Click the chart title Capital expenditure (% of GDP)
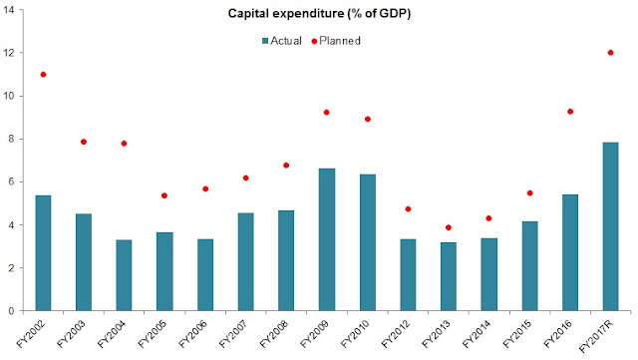pyautogui.click(x=319, y=13)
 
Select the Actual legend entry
pyautogui.click(x=282, y=41)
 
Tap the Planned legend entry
pyautogui.click(x=336, y=41)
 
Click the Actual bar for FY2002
pyautogui.click(x=43, y=253)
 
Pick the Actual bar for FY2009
pyautogui.click(x=327, y=239)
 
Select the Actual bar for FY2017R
pyautogui.click(x=610, y=226)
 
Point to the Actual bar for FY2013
pyautogui.click(x=449, y=276)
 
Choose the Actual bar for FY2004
pyautogui.click(x=124, y=275)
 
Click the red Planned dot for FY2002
pyautogui.click(x=43, y=75)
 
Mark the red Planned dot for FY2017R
pyautogui.click(x=610, y=53)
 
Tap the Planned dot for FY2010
pyautogui.click(x=368, y=119)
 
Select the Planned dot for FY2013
pyautogui.click(x=449, y=227)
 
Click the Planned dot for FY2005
pyautogui.click(x=164, y=195)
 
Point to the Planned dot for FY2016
pyautogui.click(x=570, y=112)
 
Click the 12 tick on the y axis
pyautogui.click(x=8, y=53)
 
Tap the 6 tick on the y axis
pyautogui.click(x=11, y=181)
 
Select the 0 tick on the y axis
pyautogui.click(x=11, y=311)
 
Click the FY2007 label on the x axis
pyautogui.click(x=233, y=334)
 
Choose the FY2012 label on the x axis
pyautogui.click(x=396, y=334)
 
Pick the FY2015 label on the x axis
pyautogui.click(x=517, y=334)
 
